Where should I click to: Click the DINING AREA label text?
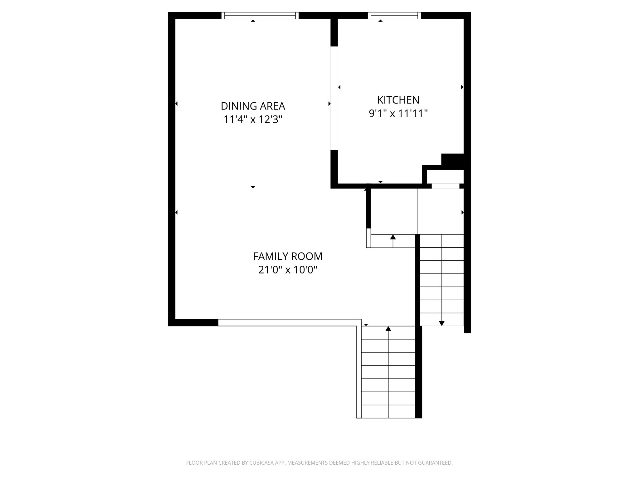253,106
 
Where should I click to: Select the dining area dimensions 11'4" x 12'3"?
253,119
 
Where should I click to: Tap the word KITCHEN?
398,100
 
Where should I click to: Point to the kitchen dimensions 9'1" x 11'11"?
398,114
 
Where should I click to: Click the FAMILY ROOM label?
288,256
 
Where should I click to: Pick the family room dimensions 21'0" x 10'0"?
288,270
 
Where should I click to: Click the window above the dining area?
260,16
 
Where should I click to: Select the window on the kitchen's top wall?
394,16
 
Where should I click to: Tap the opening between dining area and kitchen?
334,98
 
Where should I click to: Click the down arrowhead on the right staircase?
441,323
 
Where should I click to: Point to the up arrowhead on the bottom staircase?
388,329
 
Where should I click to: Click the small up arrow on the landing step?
393,237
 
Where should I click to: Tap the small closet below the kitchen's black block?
445,177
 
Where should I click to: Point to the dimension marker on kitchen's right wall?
462,87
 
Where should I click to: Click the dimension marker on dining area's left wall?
176,104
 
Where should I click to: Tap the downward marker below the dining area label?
253,187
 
